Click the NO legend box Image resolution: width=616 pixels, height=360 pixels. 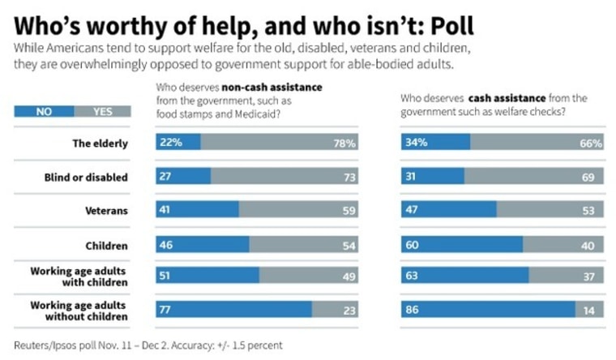point(44,112)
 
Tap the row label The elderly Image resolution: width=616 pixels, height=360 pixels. point(101,144)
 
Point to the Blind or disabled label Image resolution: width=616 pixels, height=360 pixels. point(87,177)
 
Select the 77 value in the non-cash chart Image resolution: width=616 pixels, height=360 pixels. point(166,309)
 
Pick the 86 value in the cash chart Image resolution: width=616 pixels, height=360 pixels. point(413,309)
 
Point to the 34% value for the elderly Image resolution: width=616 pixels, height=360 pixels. point(417,144)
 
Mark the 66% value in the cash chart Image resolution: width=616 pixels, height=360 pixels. point(591,144)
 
